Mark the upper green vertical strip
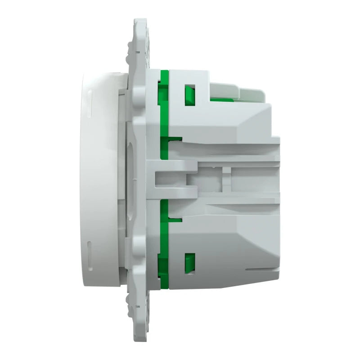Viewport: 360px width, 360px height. tap(165, 112)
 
